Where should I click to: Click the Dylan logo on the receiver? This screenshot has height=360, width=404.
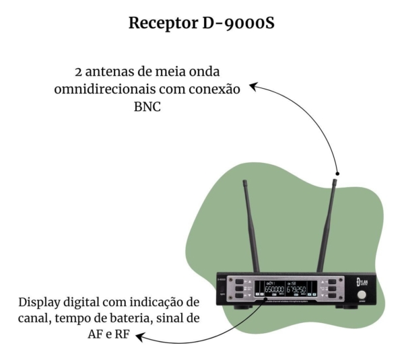coord(360,280)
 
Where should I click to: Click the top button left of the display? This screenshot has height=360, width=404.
coord(239,281)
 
